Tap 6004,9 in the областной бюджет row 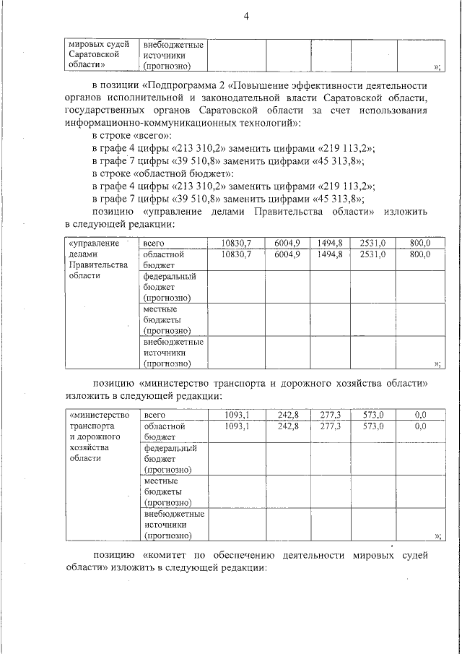click(x=287, y=254)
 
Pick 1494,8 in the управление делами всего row click(x=329, y=243)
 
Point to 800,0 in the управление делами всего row click(x=419, y=243)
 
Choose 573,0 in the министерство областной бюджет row click(x=372, y=426)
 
